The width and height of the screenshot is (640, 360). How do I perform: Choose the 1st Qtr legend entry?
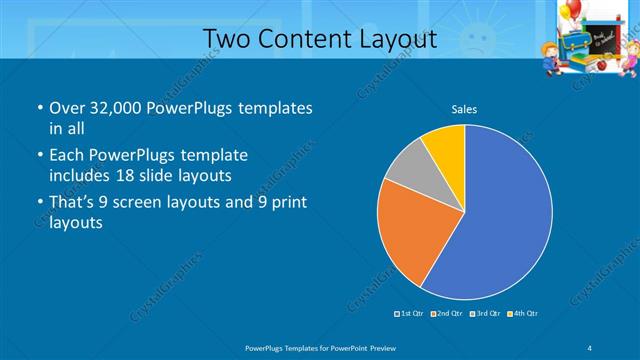click(x=410, y=314)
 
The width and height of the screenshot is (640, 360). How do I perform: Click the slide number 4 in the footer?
click(x=591, y=347)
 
